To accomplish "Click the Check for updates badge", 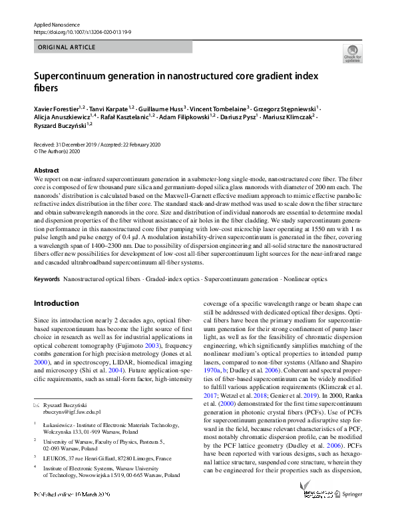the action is [351, 55].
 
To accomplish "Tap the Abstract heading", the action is [46, 171].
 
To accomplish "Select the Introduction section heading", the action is [56, 303].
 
